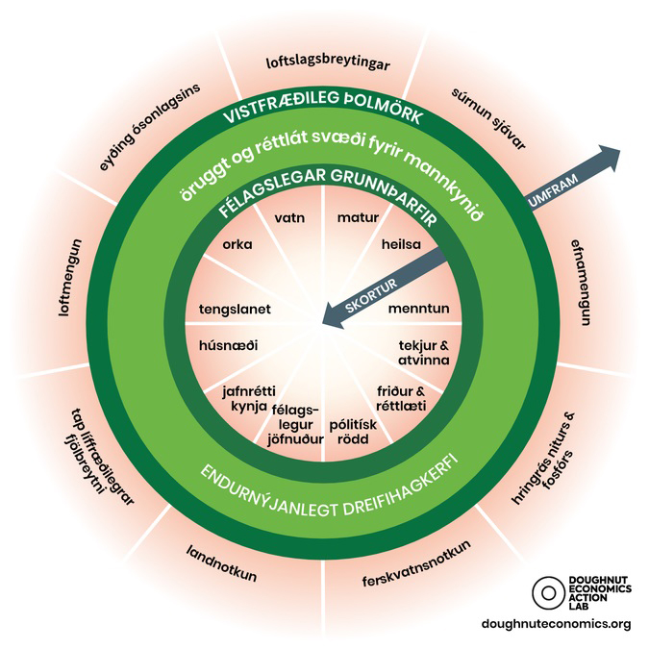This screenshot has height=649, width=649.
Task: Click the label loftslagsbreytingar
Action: pos(328,63)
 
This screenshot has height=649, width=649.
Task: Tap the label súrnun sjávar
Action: pos(488,119)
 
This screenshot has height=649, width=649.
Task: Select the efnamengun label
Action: pos(581,283)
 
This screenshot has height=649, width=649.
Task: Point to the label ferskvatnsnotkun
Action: pos(416,563)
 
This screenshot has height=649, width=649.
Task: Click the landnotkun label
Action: pos(221,563)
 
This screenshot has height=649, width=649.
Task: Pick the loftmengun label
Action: pos(70,278)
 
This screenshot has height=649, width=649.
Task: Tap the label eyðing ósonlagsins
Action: pos(149,127)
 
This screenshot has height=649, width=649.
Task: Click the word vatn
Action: pos(289,217)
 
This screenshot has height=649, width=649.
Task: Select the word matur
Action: pos(358,217)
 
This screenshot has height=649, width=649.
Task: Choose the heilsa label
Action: pos(401,244)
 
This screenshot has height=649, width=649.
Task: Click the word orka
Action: pos(237,244)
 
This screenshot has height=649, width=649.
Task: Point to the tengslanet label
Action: pos(235,310)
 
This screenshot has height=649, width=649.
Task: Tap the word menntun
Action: pos(419,309)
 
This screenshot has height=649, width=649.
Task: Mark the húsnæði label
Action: pos(228,345)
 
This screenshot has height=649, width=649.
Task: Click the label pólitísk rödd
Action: pos(353,432)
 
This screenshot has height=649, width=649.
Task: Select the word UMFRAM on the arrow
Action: pos(554,190)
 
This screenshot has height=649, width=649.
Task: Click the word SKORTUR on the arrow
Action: pos(371,295)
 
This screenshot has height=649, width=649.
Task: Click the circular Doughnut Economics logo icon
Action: pos(549,592)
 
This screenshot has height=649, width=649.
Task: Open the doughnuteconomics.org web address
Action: pos(557,623)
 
